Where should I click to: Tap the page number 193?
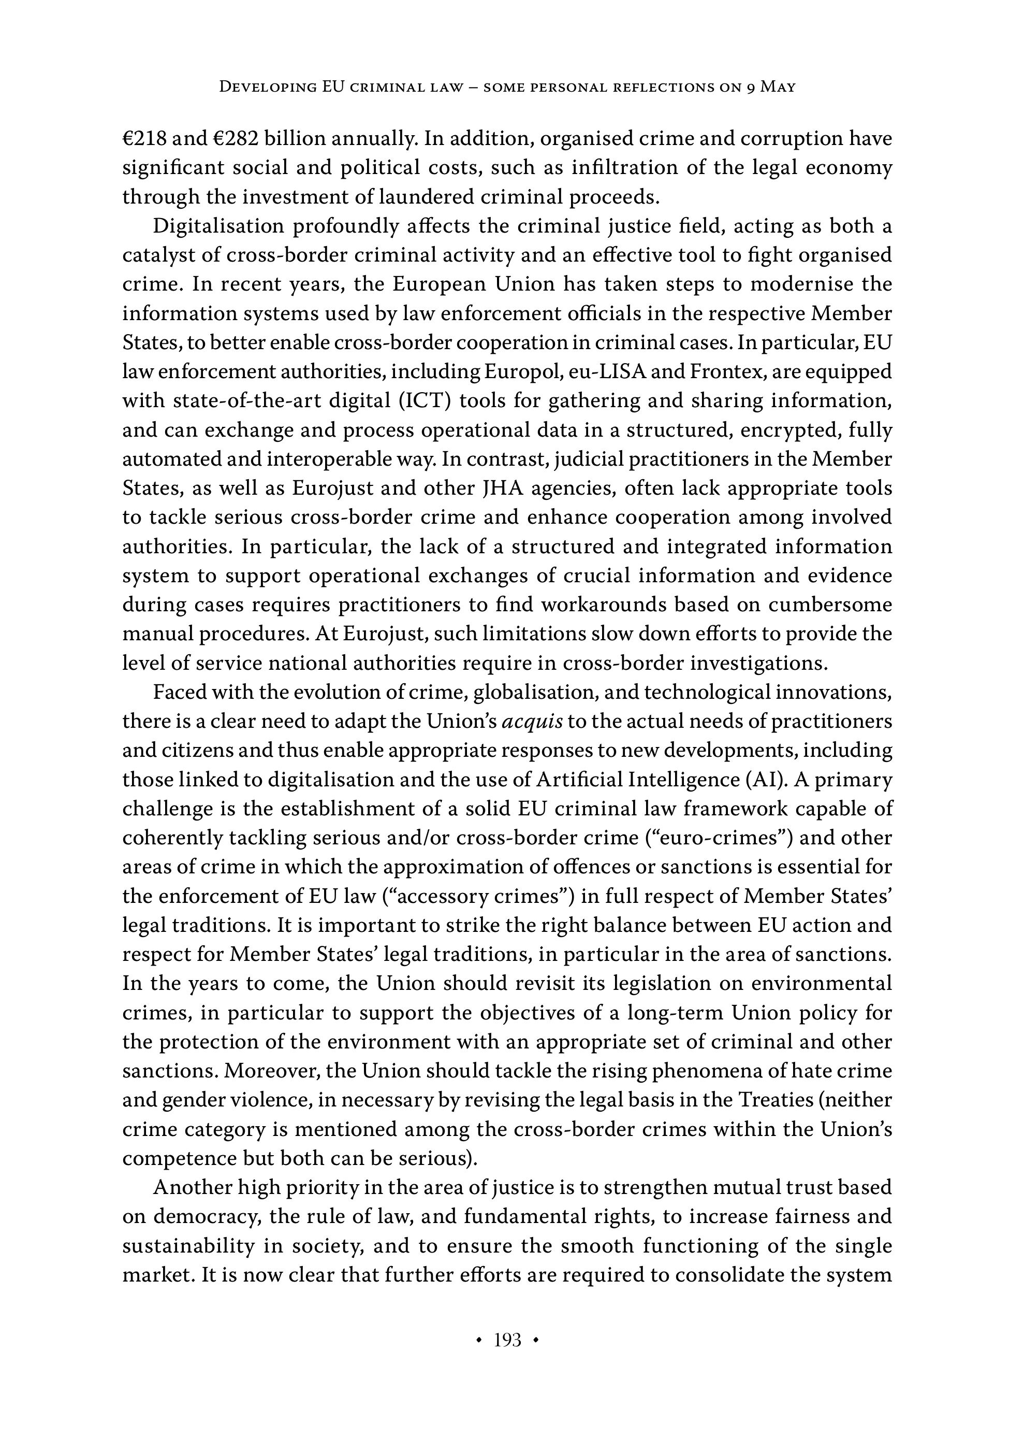[x=507, y=1340]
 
